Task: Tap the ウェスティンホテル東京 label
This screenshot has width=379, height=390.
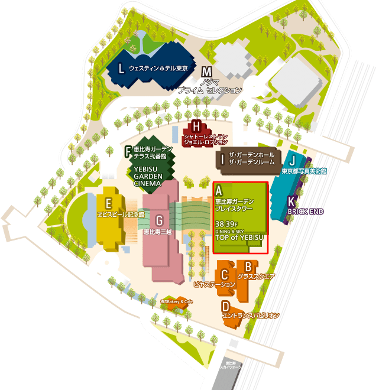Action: (158, 69)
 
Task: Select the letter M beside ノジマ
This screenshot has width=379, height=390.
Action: (206, 72)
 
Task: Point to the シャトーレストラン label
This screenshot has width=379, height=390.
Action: (205, 136)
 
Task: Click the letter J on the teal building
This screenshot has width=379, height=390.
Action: (291, 160)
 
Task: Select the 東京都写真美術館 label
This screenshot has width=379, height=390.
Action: (304, 171)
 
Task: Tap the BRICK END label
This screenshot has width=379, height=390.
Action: (305, 211)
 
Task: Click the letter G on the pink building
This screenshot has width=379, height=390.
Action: (158, 220)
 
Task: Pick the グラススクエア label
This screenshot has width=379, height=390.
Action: (256, 276)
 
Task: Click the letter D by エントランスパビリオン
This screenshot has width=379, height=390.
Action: (225, 306)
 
